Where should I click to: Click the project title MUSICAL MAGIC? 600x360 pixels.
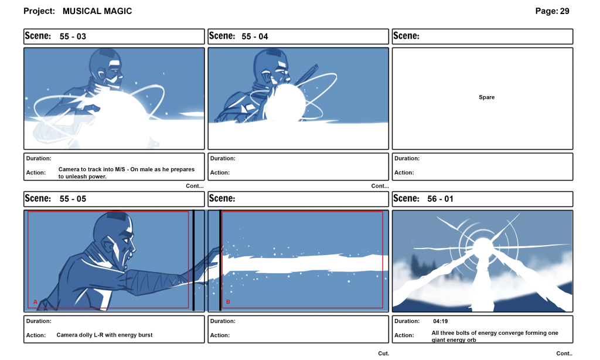[x=97, y=11]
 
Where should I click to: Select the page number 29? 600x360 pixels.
[x=564, y=11]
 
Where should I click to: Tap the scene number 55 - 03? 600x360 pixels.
[x=73, y=36]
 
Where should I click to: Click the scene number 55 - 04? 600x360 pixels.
[x=255, y=36]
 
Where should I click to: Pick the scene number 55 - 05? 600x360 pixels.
[x=73, y=199]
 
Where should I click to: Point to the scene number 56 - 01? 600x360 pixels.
[x=440, y=199]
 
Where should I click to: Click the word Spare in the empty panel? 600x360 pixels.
[x=486, y=97]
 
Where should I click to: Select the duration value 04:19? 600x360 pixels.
[x=441, y=321]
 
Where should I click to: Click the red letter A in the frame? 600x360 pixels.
[x=35, y=302]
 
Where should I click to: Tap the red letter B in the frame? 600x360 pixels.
[x=228, y=302]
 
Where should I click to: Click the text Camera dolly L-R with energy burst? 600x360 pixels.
[x=104, y=335]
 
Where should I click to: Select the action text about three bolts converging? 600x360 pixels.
[x=495, y=337]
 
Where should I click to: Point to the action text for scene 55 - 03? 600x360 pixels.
[x=126, y=173]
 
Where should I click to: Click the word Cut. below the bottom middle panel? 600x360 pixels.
[x=383, y=354]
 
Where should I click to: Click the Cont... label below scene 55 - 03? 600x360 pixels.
[x=195, y=186]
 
